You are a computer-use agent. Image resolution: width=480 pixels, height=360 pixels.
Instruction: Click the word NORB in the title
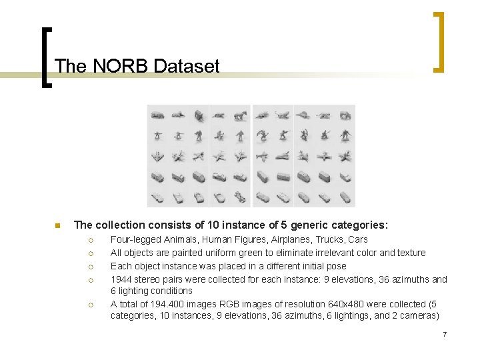pyautogui.click(x=115, y=66)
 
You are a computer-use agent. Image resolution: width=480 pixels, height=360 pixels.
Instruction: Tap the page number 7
pyautogui.click(x=444, y=333)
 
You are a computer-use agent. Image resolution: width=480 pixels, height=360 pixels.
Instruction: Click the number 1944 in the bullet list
pyautogui.click(x=122, y=279)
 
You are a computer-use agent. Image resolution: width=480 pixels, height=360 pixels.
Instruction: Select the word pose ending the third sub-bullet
pyautogui.click(x=335, y=266)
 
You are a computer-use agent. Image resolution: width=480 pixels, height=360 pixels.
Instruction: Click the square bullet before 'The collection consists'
pyautogui.click(x=58, y=225)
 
